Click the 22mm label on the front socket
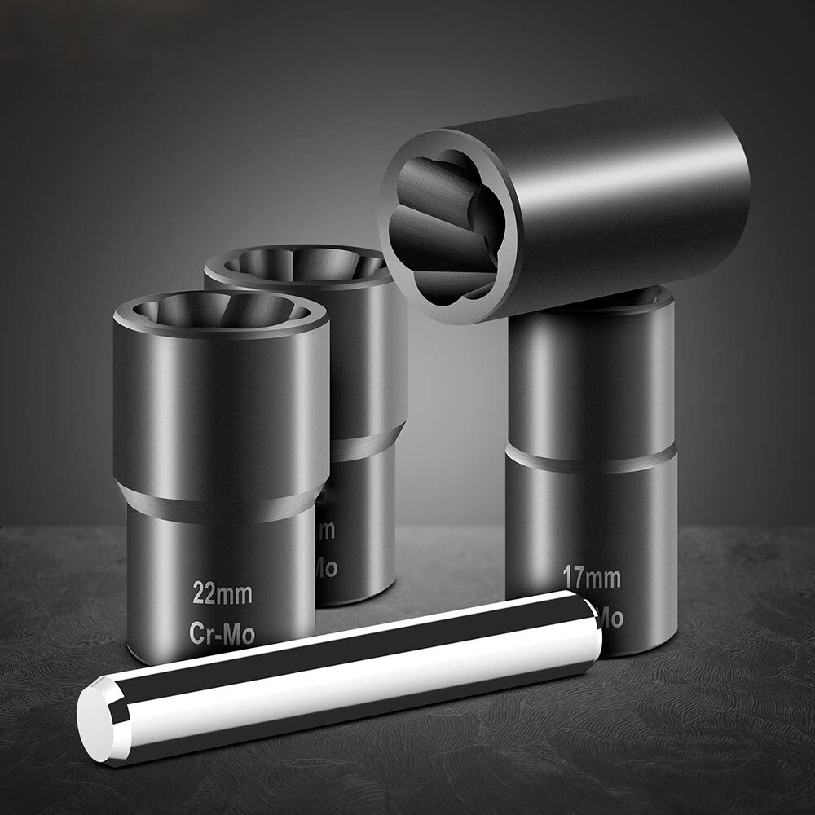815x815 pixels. (222, 593)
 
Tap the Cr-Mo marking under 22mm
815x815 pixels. (222, 633)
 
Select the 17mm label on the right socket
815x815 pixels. (591, 579)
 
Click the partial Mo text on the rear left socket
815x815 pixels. (326, 568)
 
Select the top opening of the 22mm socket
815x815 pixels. (220, 311)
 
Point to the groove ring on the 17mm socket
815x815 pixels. (591, 458)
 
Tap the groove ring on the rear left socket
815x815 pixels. (367, 444)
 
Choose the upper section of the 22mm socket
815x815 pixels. (220, 407)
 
